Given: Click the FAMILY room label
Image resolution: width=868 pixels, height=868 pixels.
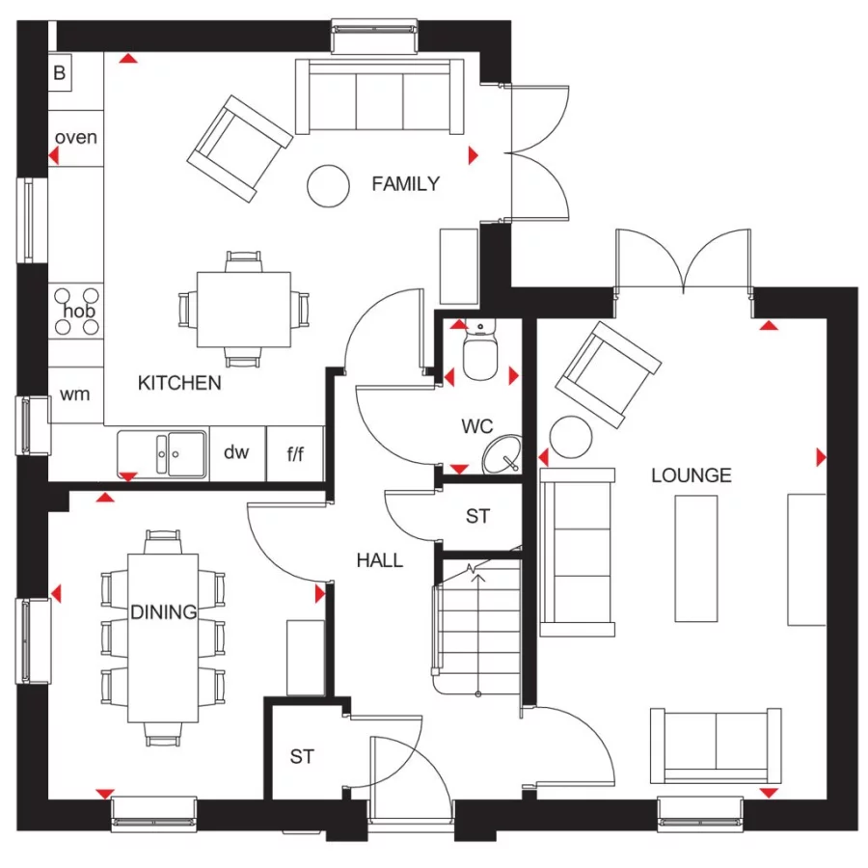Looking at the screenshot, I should [405, 183].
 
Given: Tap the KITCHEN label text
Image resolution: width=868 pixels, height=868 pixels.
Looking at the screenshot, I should [179, 383].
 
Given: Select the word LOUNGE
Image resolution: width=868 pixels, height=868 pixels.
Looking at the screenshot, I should [691, 475].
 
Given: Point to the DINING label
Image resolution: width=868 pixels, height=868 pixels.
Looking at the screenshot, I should [164, 611].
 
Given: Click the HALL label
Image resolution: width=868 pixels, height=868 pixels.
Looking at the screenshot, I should [379, 560].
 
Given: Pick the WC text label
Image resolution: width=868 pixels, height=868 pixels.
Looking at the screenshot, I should [476, 426].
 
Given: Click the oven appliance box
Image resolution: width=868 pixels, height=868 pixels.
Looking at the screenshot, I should [75, 137].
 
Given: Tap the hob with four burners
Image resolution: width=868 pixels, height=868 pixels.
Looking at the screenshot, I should [76, 312].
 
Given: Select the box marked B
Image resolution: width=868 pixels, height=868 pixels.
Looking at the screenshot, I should [60, 71].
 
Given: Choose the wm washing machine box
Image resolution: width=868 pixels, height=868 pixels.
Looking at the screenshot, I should [75, 394].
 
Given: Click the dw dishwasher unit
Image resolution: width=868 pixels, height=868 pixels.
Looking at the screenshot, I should [237, 452].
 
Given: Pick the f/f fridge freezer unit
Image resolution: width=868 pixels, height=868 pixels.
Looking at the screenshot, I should [295, 452].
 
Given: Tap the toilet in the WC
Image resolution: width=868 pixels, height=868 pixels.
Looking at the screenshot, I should [478, 354].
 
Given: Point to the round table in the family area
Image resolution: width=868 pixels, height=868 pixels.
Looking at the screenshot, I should [328, 183].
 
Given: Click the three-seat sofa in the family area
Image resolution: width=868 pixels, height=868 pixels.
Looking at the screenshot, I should [378, 95].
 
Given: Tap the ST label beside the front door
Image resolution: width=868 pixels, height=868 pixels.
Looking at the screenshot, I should [302, 757].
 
